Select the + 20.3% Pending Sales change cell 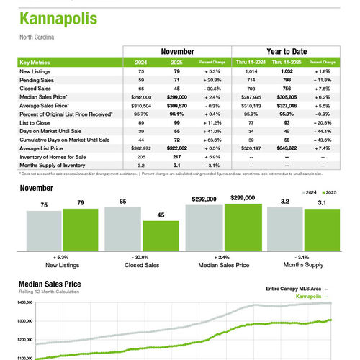pyautogui.click(x=222, y=78)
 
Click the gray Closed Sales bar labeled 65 pyautogui.click(x=122, y=228)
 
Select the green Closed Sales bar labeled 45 pyautogui.click(x=161, y=235)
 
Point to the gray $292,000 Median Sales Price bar pyautogui.click(x=203, y=227)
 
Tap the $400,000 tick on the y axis pyautogui.click(x=24, y=303)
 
